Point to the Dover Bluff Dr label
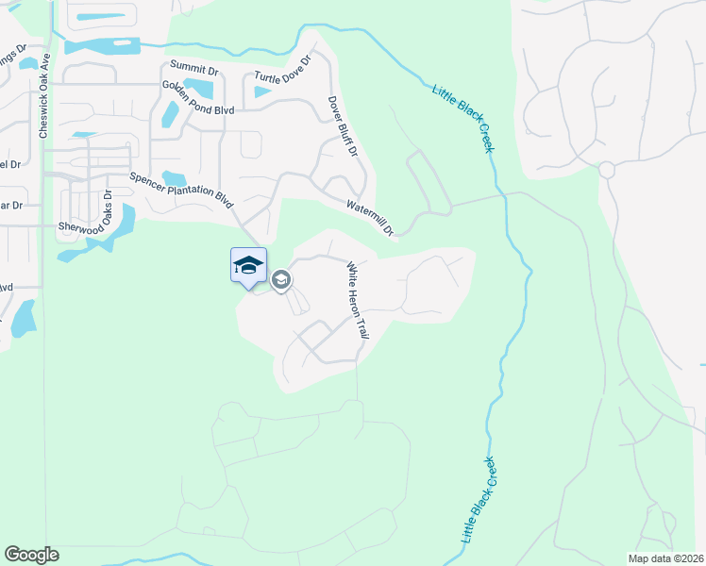(343, 126)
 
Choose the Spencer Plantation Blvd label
(181, 188)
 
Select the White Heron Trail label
(357, 300)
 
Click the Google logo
(31, 555)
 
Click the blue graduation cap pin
(248, 265)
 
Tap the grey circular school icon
(280, 280)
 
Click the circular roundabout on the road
(606, 170)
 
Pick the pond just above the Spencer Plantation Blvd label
(174, 177)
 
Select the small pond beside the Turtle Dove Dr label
(261, 92)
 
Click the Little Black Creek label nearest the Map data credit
(480, 499)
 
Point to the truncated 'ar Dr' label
(11, 205)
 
